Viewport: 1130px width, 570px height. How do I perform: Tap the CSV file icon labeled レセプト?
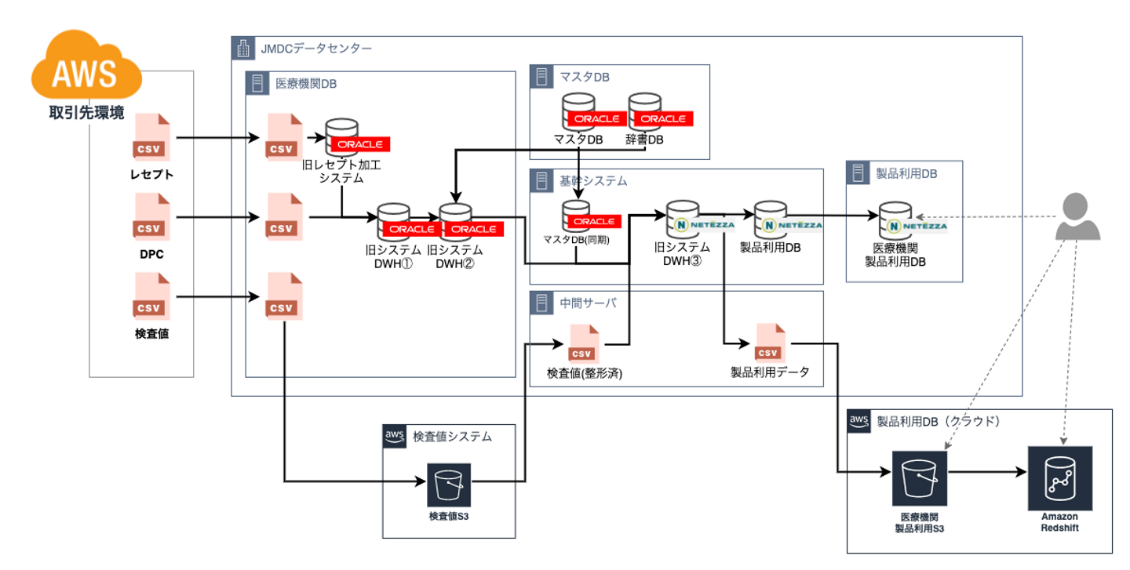click(x=151, y=139)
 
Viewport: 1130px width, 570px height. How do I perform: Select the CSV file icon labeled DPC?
click(x=151, y=217)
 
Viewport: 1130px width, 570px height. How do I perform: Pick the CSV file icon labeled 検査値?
click(x=151, y=297)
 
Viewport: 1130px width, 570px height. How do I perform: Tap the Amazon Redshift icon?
click(x=1059, y=477)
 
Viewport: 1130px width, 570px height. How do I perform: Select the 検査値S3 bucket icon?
click(x=449, y=485)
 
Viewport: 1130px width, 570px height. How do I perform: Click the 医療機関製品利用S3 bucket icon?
click(x=920, y=477)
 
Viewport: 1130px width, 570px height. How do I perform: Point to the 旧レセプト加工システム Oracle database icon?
click(x=343, y=138)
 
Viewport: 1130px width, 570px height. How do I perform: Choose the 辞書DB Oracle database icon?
click(x=644, y=112)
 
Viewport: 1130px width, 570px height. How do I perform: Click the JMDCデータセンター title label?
click(x=315, y=49)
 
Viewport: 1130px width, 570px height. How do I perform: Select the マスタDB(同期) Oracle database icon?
click(x=578, y=216)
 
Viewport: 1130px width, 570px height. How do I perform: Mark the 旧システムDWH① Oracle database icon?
click(x=394, y=223)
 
